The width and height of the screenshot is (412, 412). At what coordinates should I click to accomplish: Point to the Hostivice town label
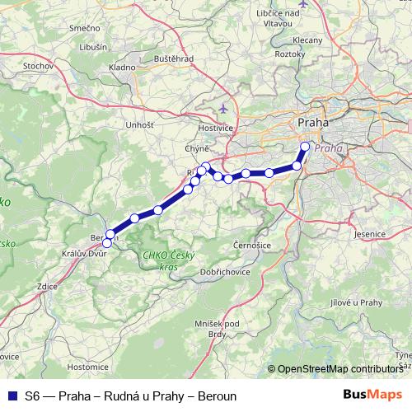218,129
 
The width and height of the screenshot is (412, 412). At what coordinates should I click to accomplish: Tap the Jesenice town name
369,234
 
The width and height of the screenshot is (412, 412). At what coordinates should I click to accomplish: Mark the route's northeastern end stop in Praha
305,147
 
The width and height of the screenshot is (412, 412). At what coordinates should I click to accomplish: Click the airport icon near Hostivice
223,108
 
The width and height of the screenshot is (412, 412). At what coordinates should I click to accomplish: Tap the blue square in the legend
12,396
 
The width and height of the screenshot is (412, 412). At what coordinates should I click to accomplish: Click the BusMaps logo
374,396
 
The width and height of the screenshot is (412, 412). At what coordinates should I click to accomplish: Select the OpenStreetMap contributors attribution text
341,369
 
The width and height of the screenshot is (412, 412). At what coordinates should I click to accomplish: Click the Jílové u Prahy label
358,302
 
